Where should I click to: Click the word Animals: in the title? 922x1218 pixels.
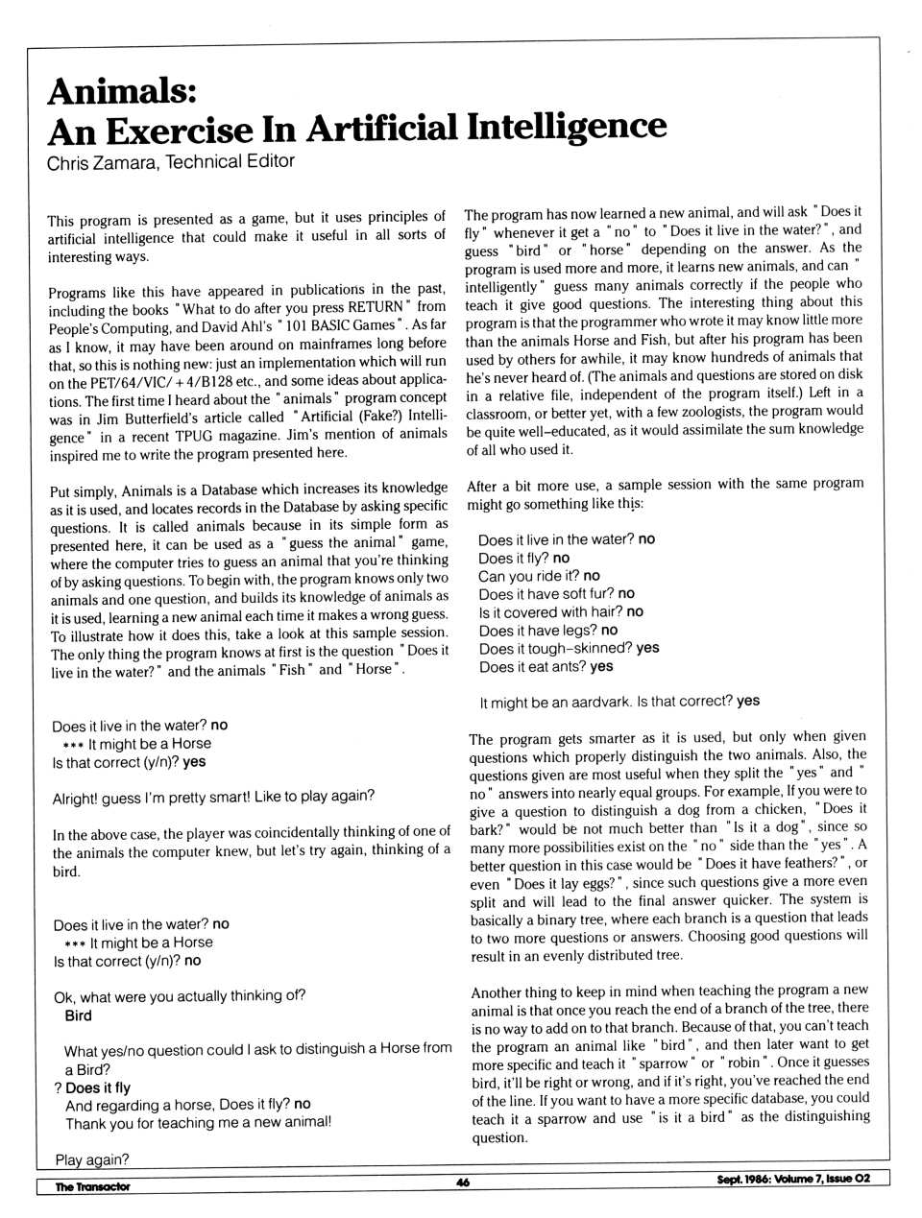coord(122,91)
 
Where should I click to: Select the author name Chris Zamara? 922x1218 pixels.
coord(101,163)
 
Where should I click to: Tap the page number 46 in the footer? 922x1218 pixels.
coord(463,1182)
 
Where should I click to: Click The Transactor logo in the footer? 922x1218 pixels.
coord(92,1186)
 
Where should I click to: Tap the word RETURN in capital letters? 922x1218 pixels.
coord(376,308)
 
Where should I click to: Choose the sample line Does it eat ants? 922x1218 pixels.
coord(532,666)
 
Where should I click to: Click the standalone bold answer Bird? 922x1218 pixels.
coord(79,1015)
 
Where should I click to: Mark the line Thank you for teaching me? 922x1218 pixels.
coord(198,1122)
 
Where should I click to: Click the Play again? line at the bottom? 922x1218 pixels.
coord(92,1159)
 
